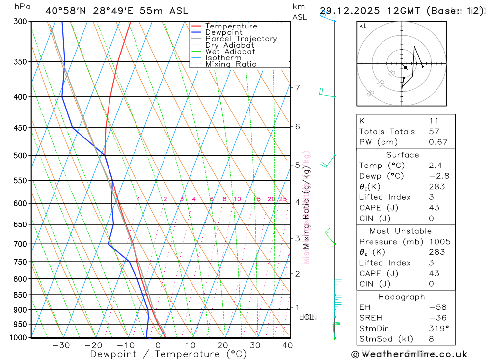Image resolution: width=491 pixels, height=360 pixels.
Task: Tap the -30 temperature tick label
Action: click(x=61, y=345)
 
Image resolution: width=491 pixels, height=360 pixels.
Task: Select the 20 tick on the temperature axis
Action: click(x=222, y=345)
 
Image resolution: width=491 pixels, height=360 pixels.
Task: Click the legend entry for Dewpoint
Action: click(x=223, y=33)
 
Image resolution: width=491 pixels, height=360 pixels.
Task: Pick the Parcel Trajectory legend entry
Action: click(x=241, y=39)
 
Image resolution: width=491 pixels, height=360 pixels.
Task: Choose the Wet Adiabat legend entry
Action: click(x=230, y=52)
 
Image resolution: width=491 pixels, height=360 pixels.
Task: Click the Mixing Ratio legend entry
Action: click(x=231, y=64)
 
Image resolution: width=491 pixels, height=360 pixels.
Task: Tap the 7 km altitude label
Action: click(x=297, y=88)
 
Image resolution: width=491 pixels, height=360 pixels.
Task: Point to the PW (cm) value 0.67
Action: click(x=438, y=142)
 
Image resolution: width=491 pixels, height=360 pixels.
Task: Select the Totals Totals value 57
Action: click(x=434, y=132)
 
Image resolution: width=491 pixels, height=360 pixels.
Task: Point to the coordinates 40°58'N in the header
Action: click(x=66, y=11)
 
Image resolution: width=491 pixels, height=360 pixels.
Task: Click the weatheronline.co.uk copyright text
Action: click(x=409, y=354)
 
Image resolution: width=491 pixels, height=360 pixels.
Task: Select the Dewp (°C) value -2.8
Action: click(x=439, y=176)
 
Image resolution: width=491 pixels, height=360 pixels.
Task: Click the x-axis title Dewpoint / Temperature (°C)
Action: click(x=168, y=354)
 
